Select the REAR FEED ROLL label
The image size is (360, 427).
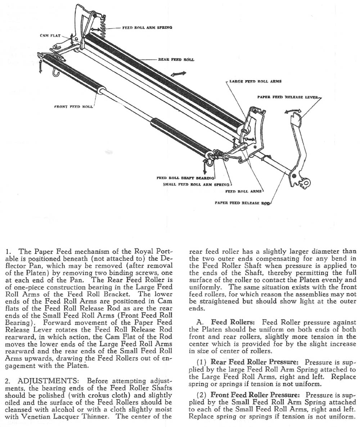point(176,59)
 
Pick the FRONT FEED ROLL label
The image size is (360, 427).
point(74,107)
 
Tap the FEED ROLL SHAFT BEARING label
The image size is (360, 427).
point(185,178)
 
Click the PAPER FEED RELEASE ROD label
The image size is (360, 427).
point(242,203)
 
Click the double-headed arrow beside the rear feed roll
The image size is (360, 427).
point(179,74)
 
